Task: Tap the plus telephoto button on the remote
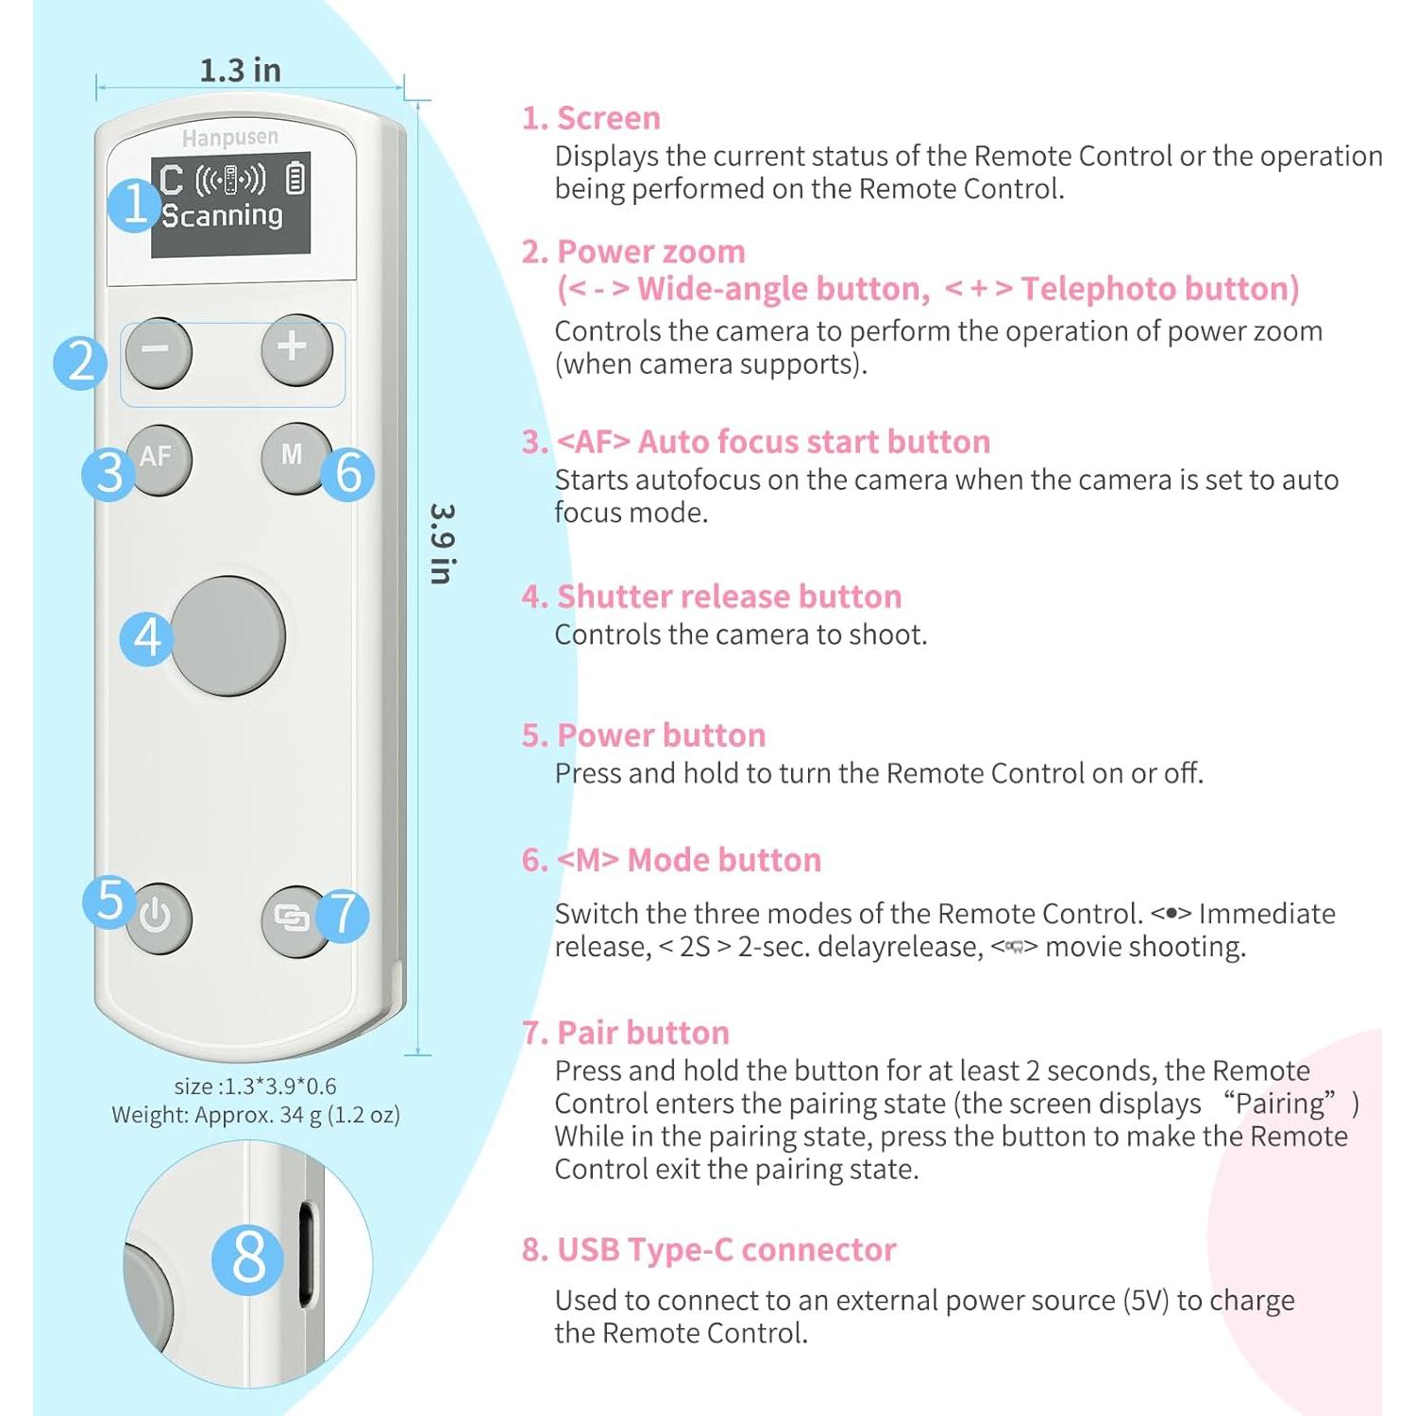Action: pyautogui.click(x=295, y=349)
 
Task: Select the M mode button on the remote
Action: pyautogui.click(x=294, y=457)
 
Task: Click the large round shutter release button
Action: pyautogui.click(x=228, y=635)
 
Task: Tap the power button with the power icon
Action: pyautogui.click(x=157, y=917)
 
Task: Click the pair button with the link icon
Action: pyautogui.click(x=292, y=919)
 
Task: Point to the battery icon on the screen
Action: pyautogui.click(x=295, y=178)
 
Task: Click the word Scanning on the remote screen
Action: pyautogui.click(x=222, y=215)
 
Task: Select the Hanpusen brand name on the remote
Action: pyautogui.click(x=230, y=138)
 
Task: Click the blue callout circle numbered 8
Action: pyautogui.click(x=248, y=1258)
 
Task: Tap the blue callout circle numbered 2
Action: pyautogui.click(x=81, y=362)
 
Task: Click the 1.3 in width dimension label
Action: pyautogui.click(x=240, y=70)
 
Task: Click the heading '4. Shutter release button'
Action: pyautogui.click(x=712, y=597)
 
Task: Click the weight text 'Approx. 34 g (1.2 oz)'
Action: pyautogui.click(x=296, y=1115)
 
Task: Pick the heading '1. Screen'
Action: pyautogui.click(x=591, y=118)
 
